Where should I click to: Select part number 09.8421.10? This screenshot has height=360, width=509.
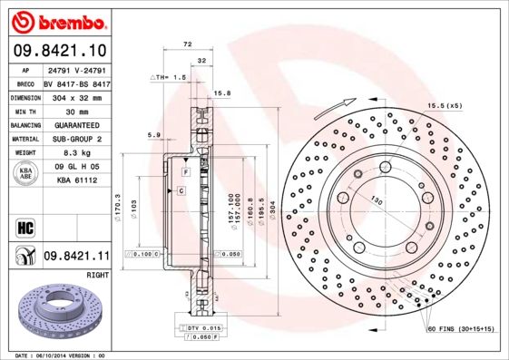(57, 50)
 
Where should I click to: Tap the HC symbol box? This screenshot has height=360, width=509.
(25, 227)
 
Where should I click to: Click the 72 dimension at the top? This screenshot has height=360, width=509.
(188, 44)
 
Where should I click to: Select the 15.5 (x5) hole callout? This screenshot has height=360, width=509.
(445, 106)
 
